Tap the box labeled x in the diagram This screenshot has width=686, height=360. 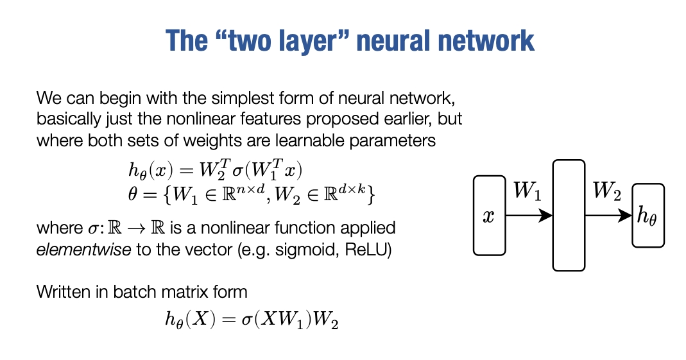tap(489, 216)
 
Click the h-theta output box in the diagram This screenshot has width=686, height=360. tap(647, 216)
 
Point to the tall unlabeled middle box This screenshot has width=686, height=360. tap(569, 216)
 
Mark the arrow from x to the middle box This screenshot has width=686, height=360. tap(529, 216)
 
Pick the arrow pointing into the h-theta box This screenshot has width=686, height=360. tap(608, 216)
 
